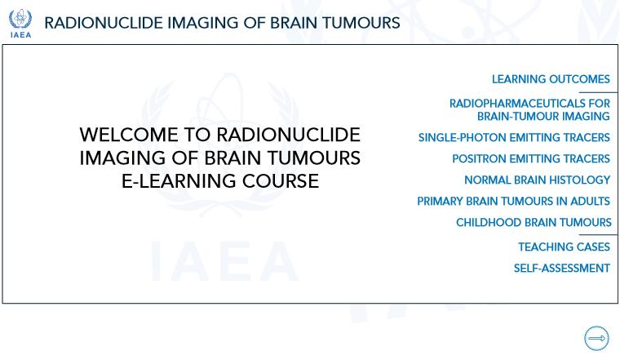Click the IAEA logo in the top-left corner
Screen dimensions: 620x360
[20, 24]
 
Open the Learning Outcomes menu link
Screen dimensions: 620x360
[551, 79]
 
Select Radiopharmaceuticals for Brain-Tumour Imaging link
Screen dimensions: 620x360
[529, 109]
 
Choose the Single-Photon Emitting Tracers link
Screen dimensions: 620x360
[514, 137]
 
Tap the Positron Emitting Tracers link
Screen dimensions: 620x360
[531, 158]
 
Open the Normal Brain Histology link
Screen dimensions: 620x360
[537, 180]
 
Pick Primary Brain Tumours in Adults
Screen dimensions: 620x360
[513, 201]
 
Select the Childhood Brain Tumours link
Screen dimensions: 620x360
[534, 222]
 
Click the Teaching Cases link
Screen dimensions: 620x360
[564, 247]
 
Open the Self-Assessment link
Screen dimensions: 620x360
[561, 269]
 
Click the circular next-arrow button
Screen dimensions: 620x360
[596, 338]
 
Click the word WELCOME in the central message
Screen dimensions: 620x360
[129, 135]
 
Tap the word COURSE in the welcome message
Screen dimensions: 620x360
[281, 181]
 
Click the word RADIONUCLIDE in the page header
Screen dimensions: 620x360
[104, 23]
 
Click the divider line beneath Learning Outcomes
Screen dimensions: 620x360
[598, 92]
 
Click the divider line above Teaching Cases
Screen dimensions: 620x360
[598, 234]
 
